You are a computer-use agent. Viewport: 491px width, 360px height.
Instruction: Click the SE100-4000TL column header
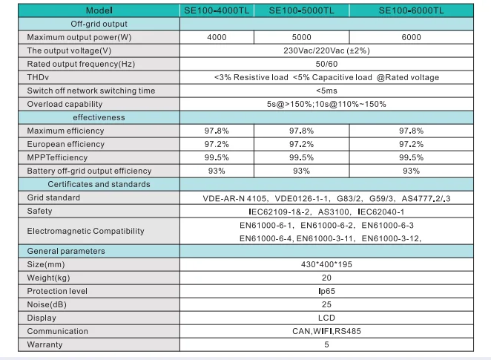tap(217, 10)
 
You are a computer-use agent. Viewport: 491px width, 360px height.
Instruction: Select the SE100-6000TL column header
tap(411, 10)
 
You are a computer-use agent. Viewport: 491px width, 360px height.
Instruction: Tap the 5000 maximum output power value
tap(302, 37)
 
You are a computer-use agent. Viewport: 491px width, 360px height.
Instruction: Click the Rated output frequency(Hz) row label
tap(81, 64)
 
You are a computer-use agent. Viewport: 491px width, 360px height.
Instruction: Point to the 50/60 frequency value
tap(326, 64)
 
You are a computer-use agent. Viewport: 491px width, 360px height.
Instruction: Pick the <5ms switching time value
tap(326, 91)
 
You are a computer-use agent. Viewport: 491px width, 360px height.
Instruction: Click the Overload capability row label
tap(65, 104)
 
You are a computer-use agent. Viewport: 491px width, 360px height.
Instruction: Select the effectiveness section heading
tap(99, 117)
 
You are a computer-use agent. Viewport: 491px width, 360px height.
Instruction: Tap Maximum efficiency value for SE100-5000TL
tap(302, 131)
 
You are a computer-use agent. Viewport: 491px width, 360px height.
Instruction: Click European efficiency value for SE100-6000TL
tap(411, 144)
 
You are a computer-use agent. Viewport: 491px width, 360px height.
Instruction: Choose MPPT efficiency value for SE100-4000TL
tap(217, 157)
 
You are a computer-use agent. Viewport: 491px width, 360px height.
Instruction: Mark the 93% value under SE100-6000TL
tap(411, 171)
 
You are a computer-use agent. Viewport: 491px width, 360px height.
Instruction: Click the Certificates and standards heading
tap(99, 184)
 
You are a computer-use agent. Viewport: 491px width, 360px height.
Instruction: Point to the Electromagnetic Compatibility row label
tap(85, 231)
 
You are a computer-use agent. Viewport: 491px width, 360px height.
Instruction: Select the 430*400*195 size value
tap(326, 264)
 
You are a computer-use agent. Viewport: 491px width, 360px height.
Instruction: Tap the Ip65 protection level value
tap(326, 291)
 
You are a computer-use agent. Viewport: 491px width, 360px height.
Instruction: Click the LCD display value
tap(326, 318)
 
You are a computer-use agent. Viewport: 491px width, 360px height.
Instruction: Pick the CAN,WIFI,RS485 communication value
tap(326, 331)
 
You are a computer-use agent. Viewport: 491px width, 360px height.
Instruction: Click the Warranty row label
tap(45, 344)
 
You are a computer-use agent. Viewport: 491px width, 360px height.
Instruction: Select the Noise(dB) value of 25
tap(326, 304)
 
